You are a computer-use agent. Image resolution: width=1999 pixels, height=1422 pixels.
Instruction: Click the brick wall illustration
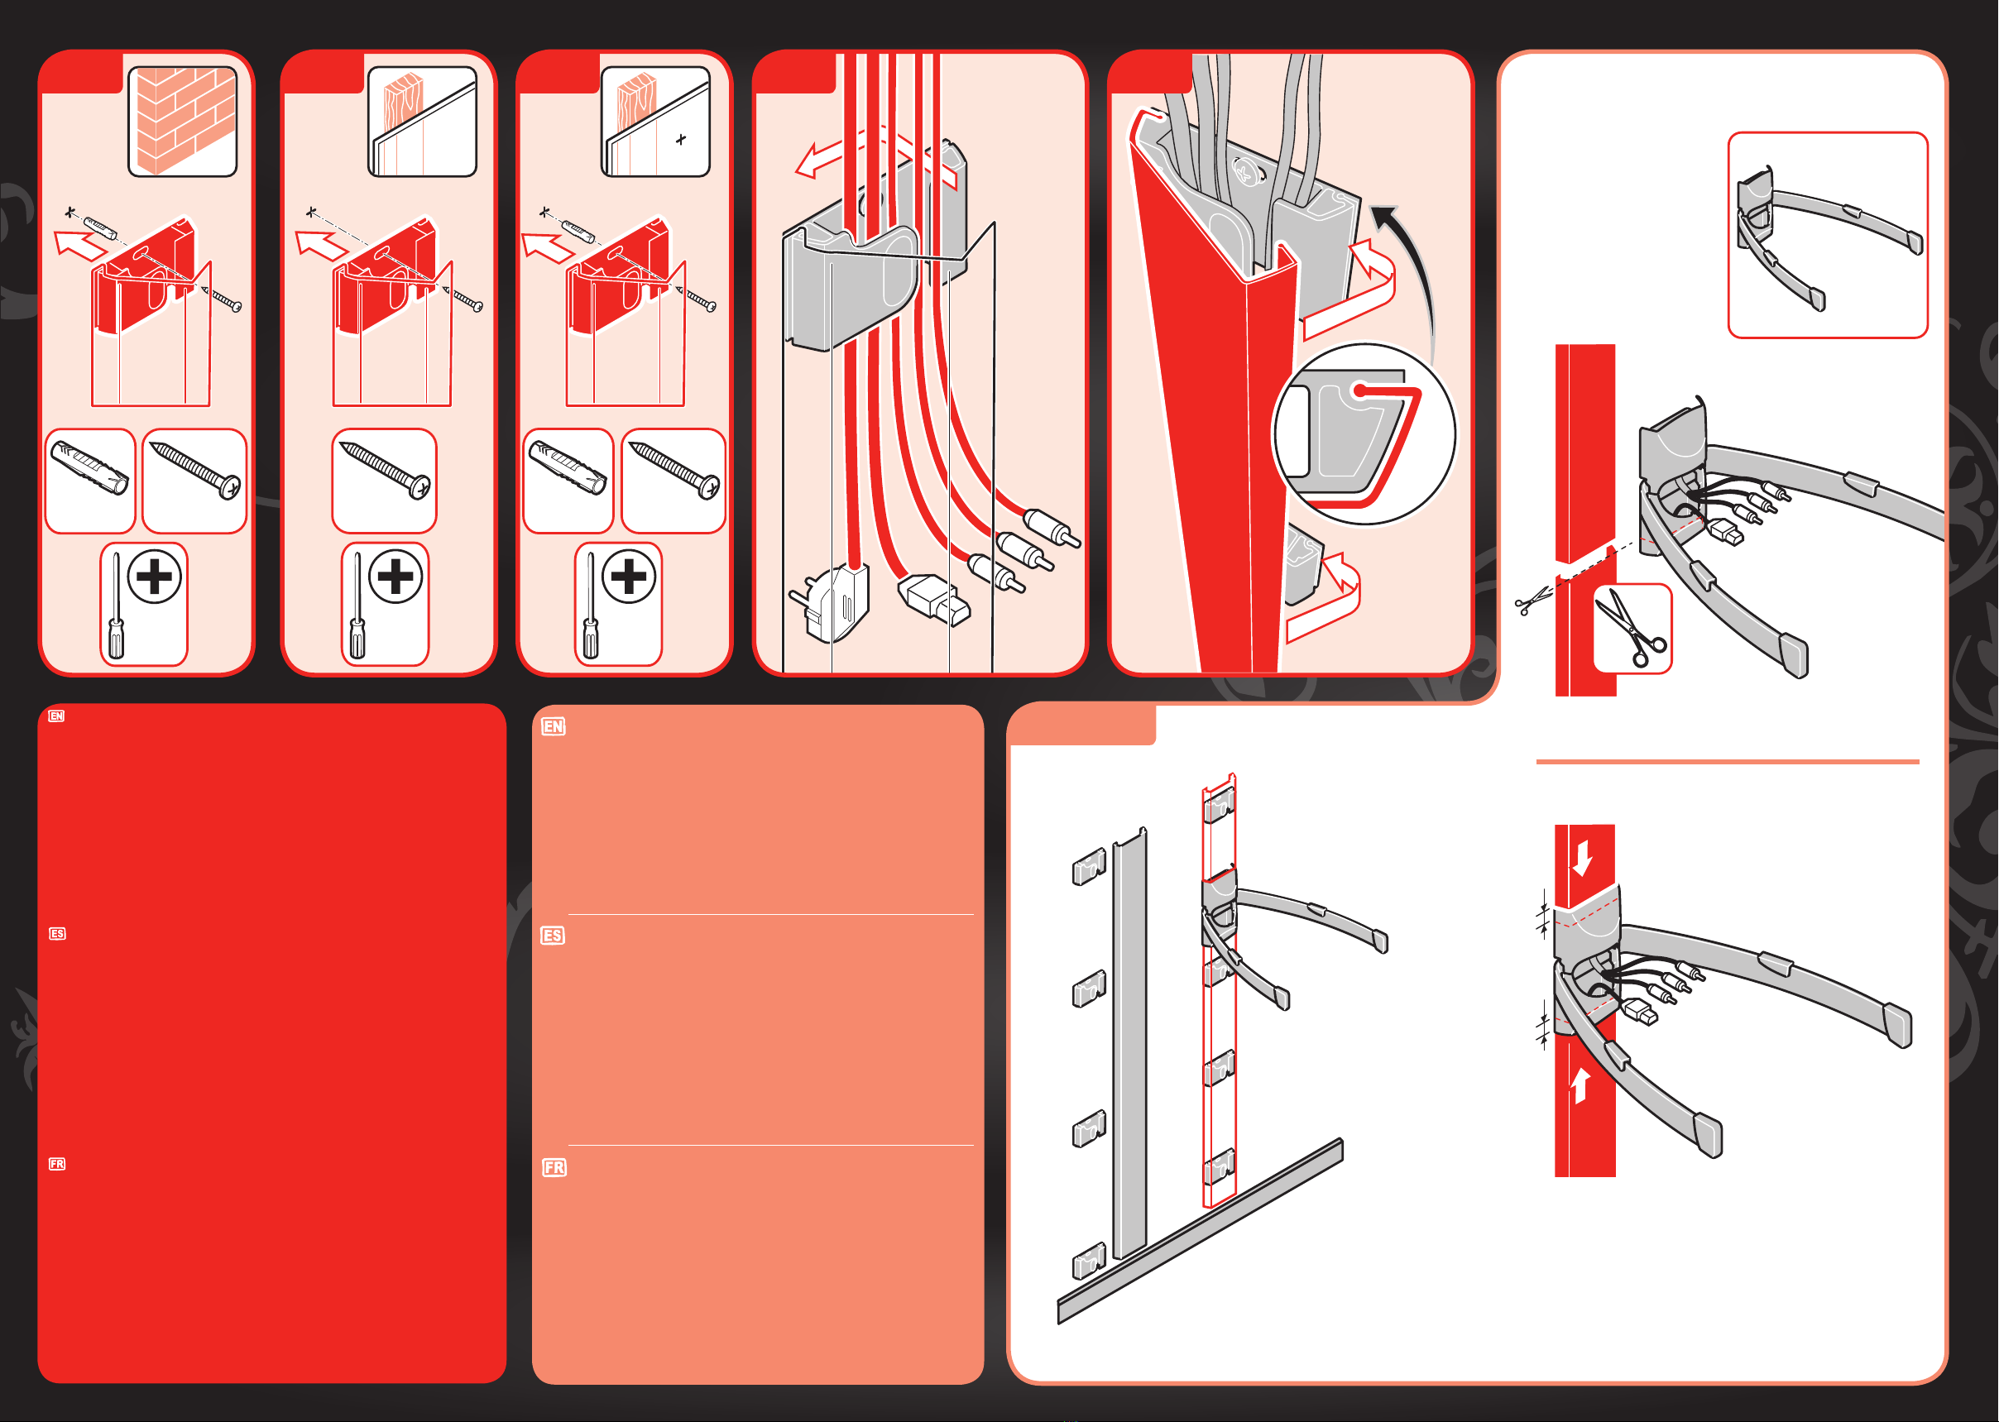pyautogui.click(x=182, y=122)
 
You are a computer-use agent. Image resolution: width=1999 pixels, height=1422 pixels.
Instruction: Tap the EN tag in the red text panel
pyautogui.click(x=56, y=716)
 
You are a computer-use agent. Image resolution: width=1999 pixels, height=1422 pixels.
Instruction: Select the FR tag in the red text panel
pyautogui.click(x=57, y=1164)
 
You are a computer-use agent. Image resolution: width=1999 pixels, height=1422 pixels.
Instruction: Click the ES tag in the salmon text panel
pyautogui.click(x=553, y=936)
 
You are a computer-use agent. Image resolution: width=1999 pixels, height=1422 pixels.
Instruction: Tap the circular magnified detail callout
pyautogui.click(x=1364, y=434)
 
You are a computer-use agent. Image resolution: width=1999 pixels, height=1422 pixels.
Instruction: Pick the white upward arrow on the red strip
pyautogui.click(x=1580, y=1086)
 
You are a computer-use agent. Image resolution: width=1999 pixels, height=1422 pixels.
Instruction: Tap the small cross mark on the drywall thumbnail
pyautogui.click(x=681, y=139)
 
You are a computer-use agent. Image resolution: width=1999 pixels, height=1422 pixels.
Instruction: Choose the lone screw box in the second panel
pyautogui.click(x=385, y=481)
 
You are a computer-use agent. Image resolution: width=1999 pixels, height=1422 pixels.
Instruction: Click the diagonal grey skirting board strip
pyautogui.click(x=1201, y=1231)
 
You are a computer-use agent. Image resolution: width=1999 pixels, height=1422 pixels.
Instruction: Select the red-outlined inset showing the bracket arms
pyautogui.click(x=1828, y=235)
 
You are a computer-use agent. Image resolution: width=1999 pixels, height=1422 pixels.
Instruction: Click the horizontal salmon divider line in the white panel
pyautogui.click(x=1727, y=762)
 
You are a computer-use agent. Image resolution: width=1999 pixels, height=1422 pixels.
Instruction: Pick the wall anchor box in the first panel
pyautogui.click(x=90, y=481)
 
